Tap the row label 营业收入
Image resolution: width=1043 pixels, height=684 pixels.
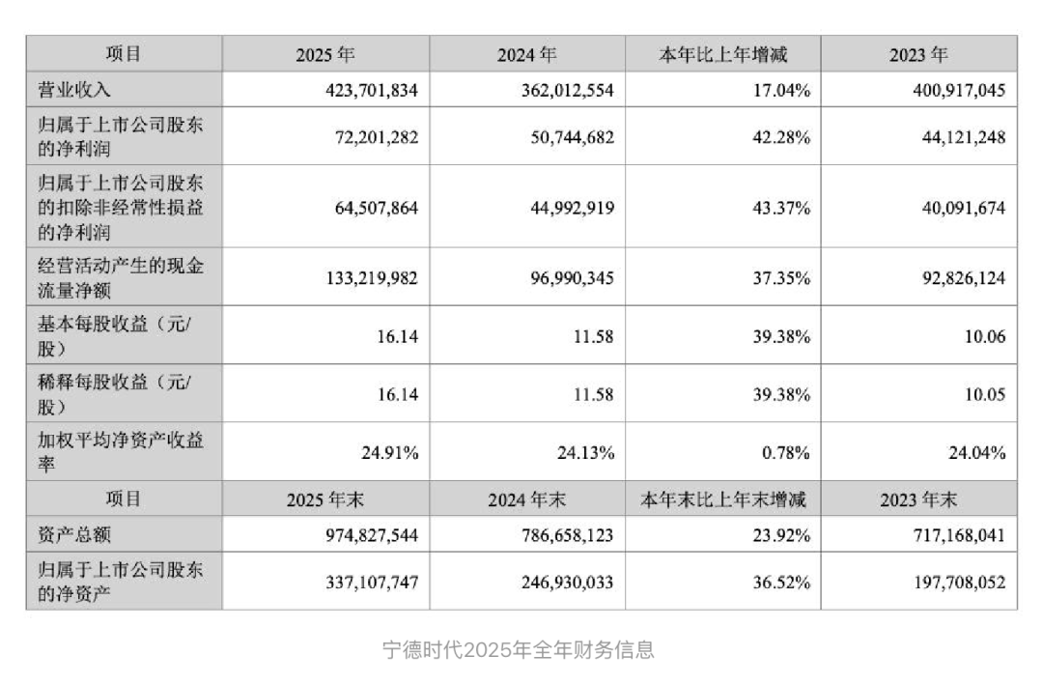tap(74, 91)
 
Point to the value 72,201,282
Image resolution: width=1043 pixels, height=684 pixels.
tap(366, 137)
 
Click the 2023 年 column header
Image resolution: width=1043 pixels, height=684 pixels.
tap(918, 55)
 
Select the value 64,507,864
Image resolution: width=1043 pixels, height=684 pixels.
tap(366, 208)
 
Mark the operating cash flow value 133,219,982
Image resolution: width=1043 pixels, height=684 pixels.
tap(358, 278)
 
